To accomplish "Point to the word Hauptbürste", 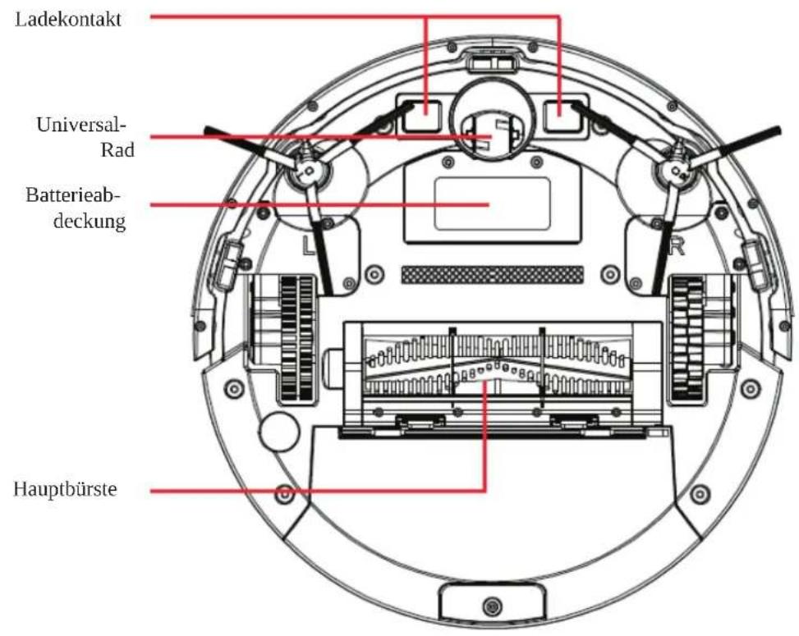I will pyautogui.click(x=67, y=490).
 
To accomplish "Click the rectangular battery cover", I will pyautogui.click(x=491, y=202).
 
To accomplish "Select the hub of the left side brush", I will pyautogui.click(x=307, y=171).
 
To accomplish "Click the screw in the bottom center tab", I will pyautogui.click(x=491, y=607).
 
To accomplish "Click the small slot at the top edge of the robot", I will pyautogui.click(x=491, y=59).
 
